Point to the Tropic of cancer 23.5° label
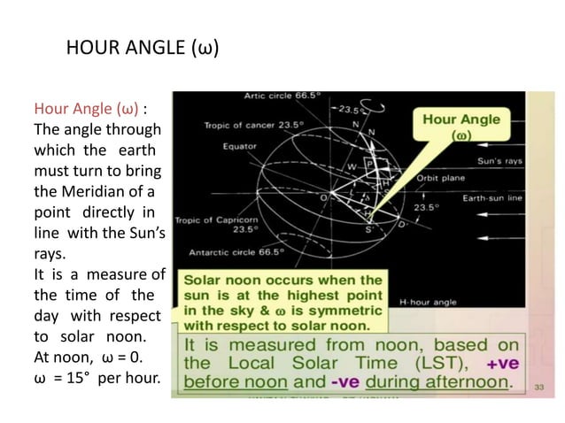(x=243, y=125)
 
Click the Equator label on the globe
(x=240, y=147)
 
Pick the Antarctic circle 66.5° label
(x=231, y=252)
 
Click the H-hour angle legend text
(x=427, y=302)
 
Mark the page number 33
(x=537, y=386)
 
